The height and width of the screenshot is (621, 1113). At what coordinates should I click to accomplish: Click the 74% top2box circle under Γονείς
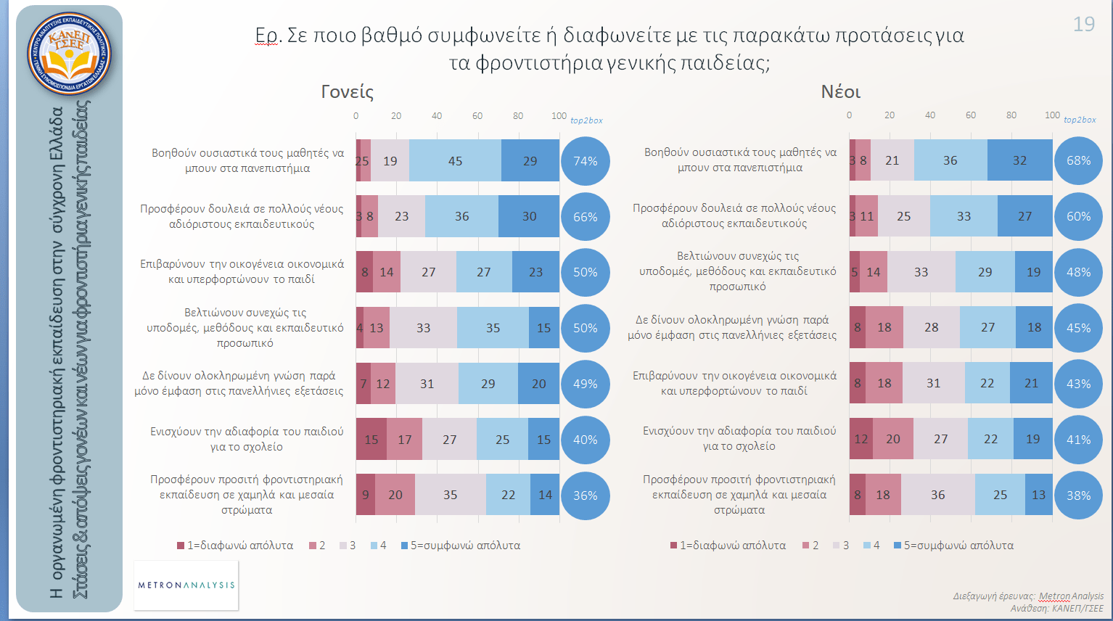tap(585, 161)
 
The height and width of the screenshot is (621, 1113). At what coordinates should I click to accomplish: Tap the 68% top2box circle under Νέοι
tap(1078, 160)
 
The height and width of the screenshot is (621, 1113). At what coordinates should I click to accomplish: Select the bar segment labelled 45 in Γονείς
tap(455, 161)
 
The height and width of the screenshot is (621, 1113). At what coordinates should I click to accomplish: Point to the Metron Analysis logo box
tap(186, 585)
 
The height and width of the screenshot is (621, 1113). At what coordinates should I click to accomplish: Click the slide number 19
tap(1083, 25)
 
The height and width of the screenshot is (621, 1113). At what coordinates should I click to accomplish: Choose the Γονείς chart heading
tap(348, 92)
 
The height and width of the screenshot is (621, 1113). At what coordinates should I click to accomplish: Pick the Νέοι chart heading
tap(840, 92)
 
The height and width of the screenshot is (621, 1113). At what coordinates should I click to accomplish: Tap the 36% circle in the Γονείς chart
tap(585, 495)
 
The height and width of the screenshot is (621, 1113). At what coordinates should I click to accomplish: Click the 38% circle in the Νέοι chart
tap(1078, 495)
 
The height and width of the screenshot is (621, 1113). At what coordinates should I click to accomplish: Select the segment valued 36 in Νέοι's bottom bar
tap(938, 495)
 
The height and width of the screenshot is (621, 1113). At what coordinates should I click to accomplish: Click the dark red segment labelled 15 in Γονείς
tap(371, 440)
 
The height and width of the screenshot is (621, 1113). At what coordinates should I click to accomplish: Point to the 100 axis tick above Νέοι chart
tap(1052, 115)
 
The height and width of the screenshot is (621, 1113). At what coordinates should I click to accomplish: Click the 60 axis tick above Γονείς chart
tap(477, 116)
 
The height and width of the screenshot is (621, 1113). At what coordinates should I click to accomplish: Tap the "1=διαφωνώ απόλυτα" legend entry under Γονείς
tap(236, 546)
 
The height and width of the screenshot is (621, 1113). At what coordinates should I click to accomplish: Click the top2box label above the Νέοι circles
tap(1080, 120)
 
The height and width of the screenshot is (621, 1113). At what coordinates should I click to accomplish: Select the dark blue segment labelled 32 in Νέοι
tap(1019, 160)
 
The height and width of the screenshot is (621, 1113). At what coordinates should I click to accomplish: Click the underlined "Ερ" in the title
tap(267, 36)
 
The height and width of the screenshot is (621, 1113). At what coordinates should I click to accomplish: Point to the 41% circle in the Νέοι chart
tap(1078, 440)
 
